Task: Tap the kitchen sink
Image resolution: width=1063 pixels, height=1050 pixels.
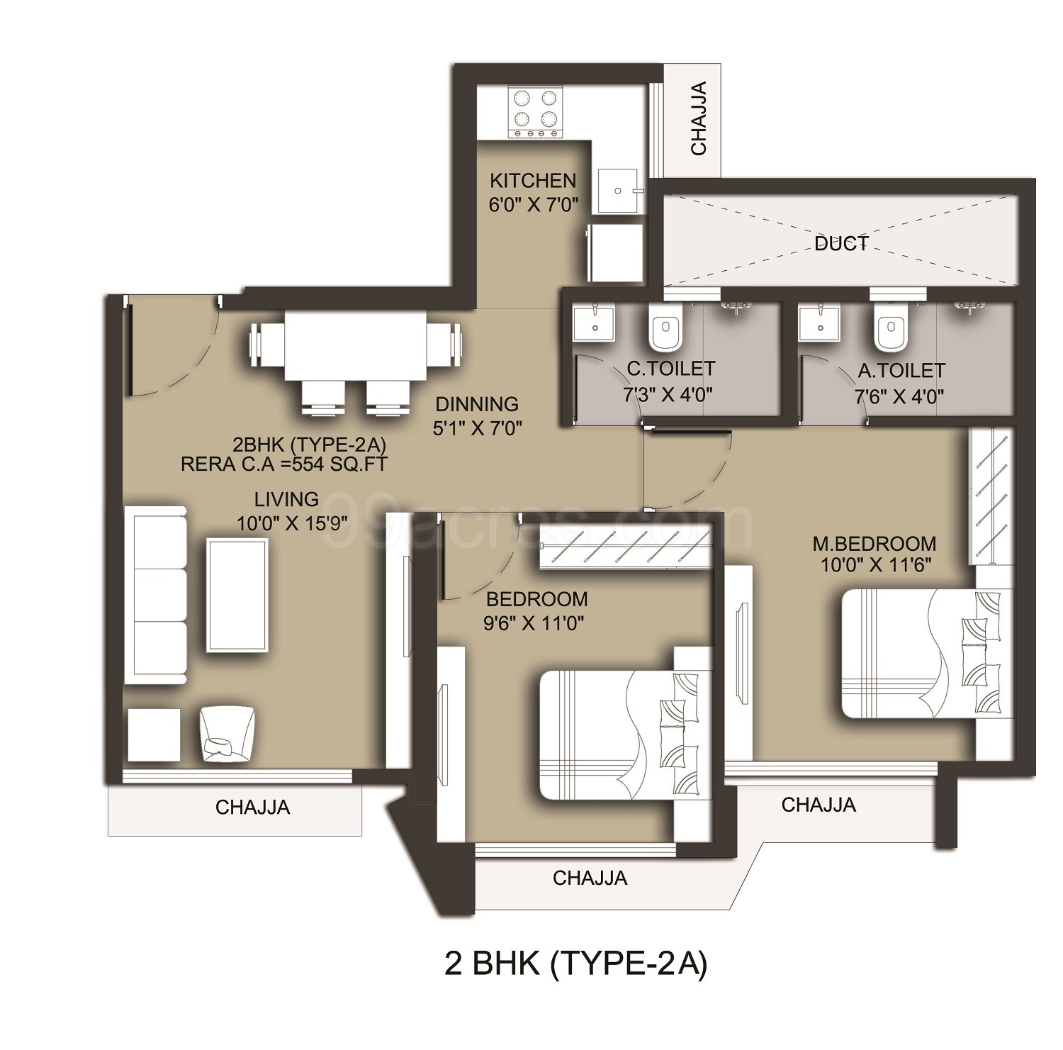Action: [619, 190]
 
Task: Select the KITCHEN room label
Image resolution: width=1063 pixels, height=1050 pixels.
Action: [534, 180]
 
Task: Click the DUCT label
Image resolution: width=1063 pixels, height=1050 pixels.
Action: [841, 244]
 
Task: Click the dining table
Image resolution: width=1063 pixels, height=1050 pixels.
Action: [355, 347]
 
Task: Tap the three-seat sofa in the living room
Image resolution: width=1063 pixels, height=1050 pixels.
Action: [157, 596]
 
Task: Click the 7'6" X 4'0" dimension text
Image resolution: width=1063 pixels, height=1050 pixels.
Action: [899, 396]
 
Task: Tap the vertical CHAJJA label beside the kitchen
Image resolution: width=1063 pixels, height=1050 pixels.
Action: [699, 119]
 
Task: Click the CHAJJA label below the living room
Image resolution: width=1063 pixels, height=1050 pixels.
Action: [253, 807]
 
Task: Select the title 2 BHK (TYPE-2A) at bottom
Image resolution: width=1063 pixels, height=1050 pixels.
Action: [575, 964]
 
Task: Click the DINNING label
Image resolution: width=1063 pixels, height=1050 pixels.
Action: [477, 404]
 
